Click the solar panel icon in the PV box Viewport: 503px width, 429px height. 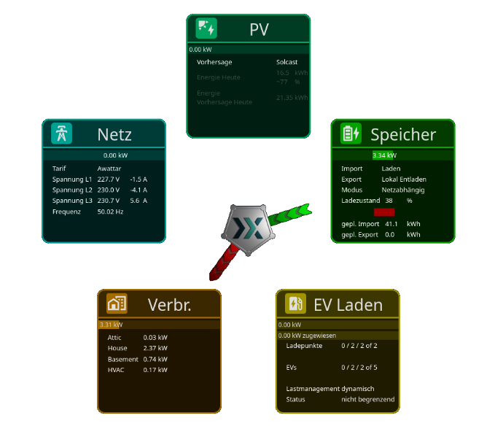206,28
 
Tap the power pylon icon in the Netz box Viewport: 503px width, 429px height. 62,134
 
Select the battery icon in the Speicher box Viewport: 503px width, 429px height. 351,134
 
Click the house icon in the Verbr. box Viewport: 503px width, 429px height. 117,304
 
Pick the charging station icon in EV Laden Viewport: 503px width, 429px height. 295,304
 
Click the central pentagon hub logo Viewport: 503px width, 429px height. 248,228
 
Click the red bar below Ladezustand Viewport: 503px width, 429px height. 384,212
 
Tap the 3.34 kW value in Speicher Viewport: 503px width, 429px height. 384,155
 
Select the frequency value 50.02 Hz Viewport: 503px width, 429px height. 111,212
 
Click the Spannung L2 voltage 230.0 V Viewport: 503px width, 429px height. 109,190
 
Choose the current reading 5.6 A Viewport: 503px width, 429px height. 139,201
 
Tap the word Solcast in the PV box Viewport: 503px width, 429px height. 287,62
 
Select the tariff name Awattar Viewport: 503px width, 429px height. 109,168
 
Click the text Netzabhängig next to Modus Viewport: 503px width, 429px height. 403,190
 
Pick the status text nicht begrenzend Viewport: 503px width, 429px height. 367,400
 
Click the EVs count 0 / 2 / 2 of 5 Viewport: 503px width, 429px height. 359,368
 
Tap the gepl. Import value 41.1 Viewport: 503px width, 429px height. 391,224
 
